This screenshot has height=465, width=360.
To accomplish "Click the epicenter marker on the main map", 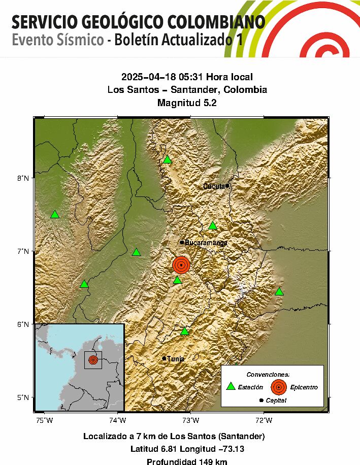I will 181,264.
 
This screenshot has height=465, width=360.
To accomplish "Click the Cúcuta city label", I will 214,186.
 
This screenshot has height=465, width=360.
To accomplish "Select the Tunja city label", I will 175,359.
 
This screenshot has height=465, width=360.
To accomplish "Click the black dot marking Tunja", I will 164,358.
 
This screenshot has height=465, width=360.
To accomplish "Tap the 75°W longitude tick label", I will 45,420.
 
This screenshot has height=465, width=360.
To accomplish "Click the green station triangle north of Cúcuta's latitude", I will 168,160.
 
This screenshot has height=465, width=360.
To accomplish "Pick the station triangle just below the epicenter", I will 177,280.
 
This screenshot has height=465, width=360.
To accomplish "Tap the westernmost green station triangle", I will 55,215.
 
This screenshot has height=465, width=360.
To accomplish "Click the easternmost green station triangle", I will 279,292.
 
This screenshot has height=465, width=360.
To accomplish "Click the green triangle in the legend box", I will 231,387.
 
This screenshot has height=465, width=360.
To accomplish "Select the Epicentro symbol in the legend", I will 278,387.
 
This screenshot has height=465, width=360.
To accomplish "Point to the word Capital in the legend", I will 276,401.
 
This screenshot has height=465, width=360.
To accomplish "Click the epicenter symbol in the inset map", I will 93,359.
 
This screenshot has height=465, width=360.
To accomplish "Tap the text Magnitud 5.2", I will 187,103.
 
